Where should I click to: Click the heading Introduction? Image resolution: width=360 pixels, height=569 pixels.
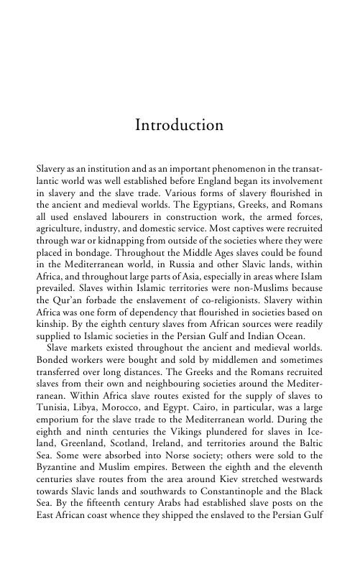(x=180, y=125)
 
